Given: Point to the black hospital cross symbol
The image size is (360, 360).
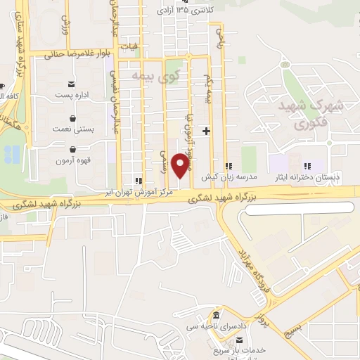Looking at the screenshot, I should tap(206, 131).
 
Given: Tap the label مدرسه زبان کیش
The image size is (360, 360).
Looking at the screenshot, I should tap(226, 177).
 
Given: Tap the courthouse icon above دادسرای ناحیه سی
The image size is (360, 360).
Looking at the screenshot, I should tap(217, 316).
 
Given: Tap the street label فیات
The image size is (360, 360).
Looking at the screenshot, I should tap(128, 46).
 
